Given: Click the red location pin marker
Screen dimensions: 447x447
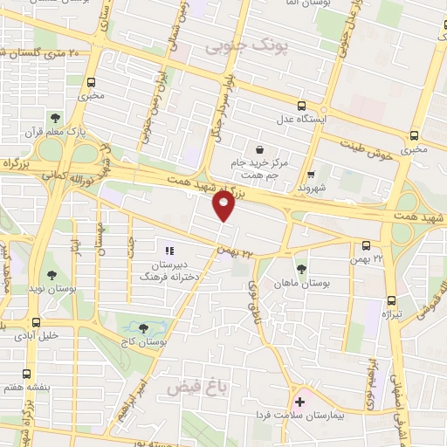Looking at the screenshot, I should click(x=223, y=206).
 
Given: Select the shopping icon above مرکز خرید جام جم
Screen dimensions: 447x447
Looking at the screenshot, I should click(x=260, y=148).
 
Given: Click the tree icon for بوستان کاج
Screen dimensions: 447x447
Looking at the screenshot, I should click(x=143, y=327).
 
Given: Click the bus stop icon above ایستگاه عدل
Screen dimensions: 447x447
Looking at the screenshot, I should click(x=301, y=102).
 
